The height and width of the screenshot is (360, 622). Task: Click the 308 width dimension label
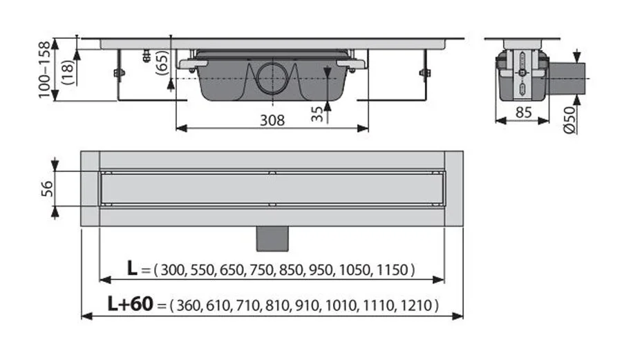[272, 120]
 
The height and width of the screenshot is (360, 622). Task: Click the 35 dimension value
[317, 113]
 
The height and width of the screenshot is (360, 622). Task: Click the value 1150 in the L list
[393, 269]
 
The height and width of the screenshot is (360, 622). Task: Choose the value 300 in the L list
[173, 269]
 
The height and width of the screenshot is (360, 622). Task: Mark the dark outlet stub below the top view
[272, 238]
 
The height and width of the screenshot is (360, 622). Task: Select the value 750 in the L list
[259, 269]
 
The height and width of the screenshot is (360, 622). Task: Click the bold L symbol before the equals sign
[131, 269]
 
